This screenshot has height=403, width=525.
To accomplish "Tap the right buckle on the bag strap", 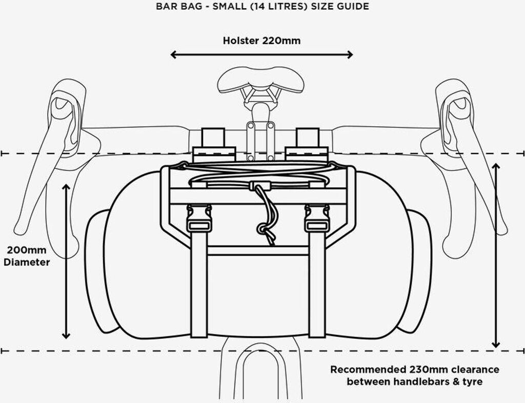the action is (x=316, y=218).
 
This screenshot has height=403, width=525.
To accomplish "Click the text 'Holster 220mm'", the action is (x=261, y=41).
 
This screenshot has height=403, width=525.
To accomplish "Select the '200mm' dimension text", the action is (x=26, y=251).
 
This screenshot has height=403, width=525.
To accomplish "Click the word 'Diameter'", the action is (x=27, y=262).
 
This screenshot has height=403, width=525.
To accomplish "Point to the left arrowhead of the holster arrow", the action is (x=173, y=54).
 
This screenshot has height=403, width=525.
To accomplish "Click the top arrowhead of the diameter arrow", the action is (x=66, y=186).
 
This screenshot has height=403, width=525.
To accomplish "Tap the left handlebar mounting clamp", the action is (x=214, y=146).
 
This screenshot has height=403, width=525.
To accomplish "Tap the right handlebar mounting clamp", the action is (x=306, y=146).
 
